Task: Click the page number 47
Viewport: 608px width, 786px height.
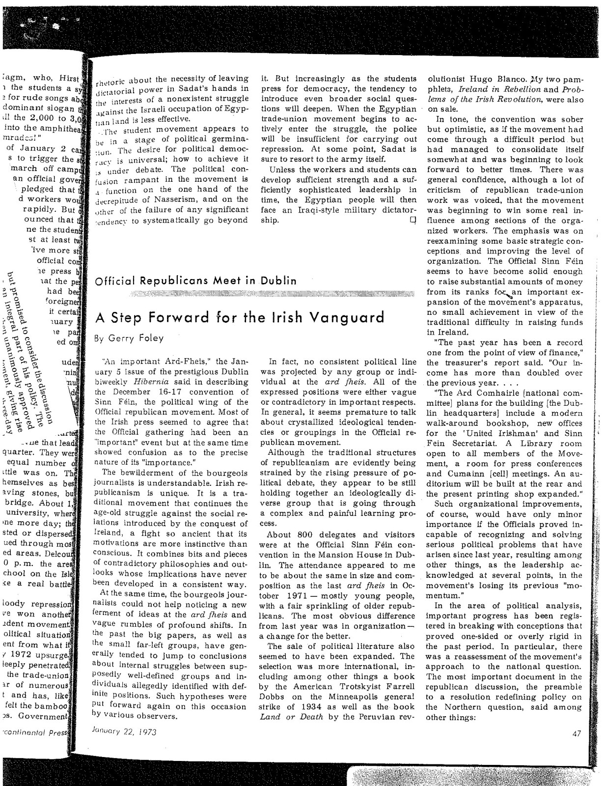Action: coord(577,734)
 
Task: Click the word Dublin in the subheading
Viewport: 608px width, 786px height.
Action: coord(278,281)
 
